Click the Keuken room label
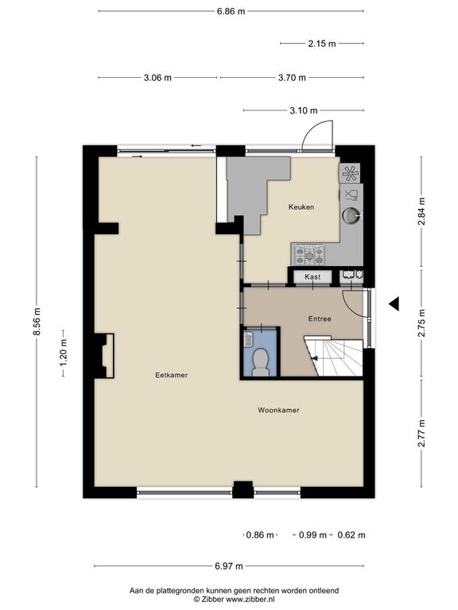point(301,207)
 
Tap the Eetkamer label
point(172,375)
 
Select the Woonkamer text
point(278,410)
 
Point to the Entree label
point(320,319)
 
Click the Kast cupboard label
point(312,277)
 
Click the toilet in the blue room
point(260,362)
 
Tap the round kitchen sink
point(351,215)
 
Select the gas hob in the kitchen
point(309,255)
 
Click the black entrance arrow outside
point(394,304)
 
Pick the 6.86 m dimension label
point(231,11)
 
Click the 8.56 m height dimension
point(37,322)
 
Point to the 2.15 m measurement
point(322,44)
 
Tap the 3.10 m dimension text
point(304,110)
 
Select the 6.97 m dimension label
point(229,566)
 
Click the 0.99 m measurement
point(312,535)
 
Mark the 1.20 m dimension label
point(64,353)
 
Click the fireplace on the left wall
point(104,356)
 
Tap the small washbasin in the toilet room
point(248,340)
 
